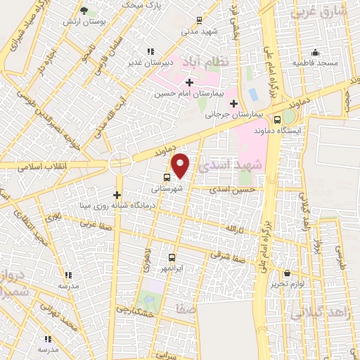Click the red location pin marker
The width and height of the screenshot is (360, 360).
(x=181, y=165)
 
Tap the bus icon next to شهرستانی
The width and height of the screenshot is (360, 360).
(x=167, y=178)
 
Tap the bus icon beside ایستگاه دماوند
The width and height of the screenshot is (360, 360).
(x=278, y=119)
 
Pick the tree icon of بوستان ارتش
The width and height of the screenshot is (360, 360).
(x=84, y=11)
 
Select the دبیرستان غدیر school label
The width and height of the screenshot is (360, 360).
(x=149, y=63)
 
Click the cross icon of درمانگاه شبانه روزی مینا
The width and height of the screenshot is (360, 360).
(x=117, y=195)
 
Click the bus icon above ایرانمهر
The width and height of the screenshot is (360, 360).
(x=172, y=257)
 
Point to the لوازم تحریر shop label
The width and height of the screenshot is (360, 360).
(x=287, y=285)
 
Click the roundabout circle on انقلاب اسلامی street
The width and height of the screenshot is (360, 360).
(x=120, y=164)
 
